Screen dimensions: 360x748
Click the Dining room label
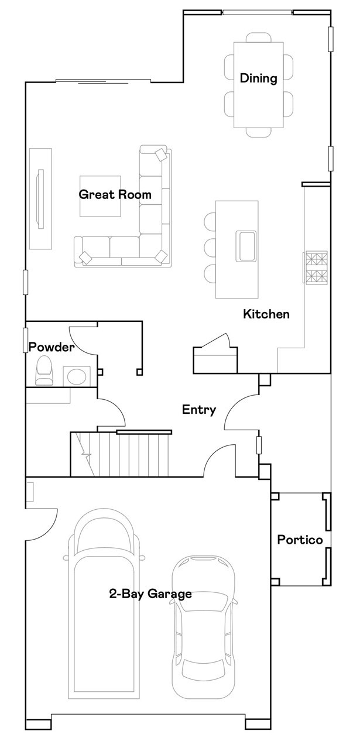click(x=259, y=78)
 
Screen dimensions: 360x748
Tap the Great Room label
click(x=115, y=194)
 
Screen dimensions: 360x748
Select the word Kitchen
click(x=266, y=314)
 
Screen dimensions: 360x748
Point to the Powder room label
click(x=52, y=347)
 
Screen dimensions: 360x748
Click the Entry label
click(x=199, y=410)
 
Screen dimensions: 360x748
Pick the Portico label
click(x=300, y=540)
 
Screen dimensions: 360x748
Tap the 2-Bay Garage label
click(x=150, y=593)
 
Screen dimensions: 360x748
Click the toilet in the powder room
click(x=44, y=370)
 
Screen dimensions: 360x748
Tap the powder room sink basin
click(x=77, y=376)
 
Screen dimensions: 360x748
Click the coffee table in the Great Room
click(x=100, y=196)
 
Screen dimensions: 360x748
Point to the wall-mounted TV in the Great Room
click(x=41, y=199)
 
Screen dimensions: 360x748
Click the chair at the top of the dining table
click(x=259, y=37)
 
